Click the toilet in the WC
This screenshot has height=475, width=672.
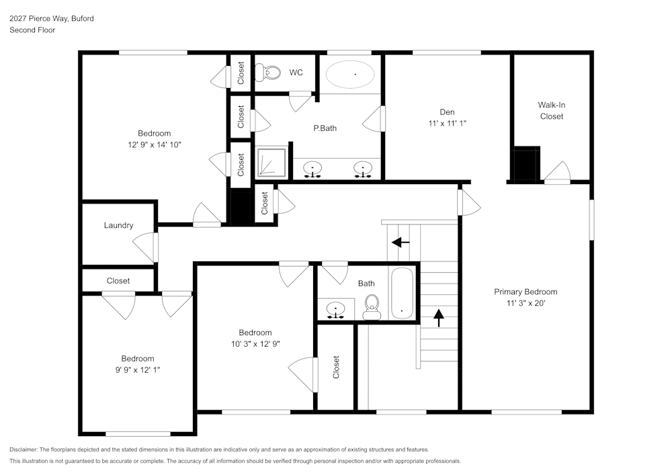pos(269,72)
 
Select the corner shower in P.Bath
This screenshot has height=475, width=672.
pos(272,162)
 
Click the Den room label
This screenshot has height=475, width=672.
pos(447,112)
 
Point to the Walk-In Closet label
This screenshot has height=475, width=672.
pos(551,110)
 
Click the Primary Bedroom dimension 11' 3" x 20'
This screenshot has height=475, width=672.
pos(526,303)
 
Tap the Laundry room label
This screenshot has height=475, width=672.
pos(118,226)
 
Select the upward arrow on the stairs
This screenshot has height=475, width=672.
pos(439,316)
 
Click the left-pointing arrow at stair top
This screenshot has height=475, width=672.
pos(401,242)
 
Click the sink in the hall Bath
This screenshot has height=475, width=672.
pos(336,310)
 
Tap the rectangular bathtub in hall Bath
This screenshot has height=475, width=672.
pos(402,294)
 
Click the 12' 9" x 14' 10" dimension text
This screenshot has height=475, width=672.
pos(154,144)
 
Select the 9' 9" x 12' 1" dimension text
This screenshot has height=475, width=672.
pos(137,370)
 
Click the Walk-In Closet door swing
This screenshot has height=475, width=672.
pos(558,172)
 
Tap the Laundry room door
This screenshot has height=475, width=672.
pos(146,248)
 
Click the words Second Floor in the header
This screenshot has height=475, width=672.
pos(32,30)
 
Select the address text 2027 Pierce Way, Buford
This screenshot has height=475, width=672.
pos(52,19)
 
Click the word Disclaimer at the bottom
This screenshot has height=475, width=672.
pos(24,449)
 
